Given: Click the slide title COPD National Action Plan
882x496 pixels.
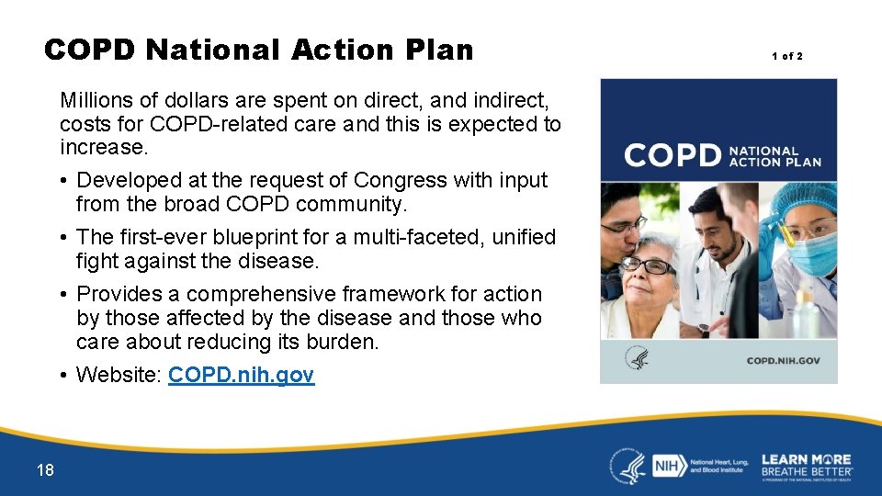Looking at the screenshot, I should [258, 49].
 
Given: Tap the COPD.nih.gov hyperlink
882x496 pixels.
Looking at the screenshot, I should [241, 376].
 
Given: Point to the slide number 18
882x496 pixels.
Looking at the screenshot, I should [45, 470].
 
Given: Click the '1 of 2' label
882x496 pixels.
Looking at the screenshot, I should [786, 57].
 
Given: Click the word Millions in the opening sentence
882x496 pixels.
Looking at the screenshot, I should [96, 99].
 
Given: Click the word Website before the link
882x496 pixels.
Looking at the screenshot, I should [119, 376].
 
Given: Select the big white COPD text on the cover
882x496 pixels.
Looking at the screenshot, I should [673, 154].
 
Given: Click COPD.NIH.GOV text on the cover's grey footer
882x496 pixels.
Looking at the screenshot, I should [783, 361].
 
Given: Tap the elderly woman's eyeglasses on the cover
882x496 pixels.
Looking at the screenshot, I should [648, 266].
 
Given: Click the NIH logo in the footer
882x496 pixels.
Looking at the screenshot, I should [665, 467].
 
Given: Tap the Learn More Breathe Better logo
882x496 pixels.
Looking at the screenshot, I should [806, 466].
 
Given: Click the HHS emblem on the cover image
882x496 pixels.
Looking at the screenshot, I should [636, 358].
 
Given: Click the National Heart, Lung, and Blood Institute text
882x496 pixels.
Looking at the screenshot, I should [718, 467].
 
